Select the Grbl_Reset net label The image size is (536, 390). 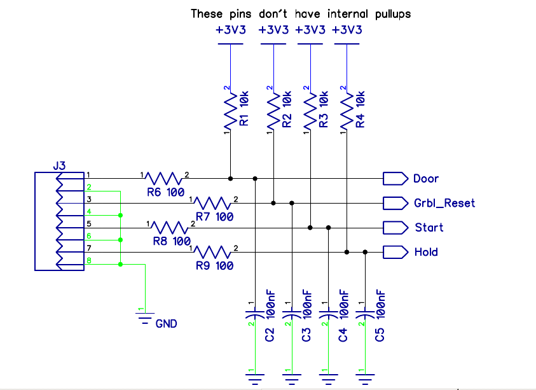444,204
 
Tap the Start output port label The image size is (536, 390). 429,228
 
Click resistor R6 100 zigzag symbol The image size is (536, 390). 165,178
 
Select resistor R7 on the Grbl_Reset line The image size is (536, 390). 213,203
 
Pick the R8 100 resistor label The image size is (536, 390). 172,242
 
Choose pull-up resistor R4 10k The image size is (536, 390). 347,111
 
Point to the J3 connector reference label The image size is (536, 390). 58,166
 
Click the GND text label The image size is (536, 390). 166,324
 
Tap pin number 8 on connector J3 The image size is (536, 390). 89,260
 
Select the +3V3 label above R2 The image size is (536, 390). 275,30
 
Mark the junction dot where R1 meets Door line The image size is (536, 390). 230,178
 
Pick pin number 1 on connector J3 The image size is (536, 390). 89,174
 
